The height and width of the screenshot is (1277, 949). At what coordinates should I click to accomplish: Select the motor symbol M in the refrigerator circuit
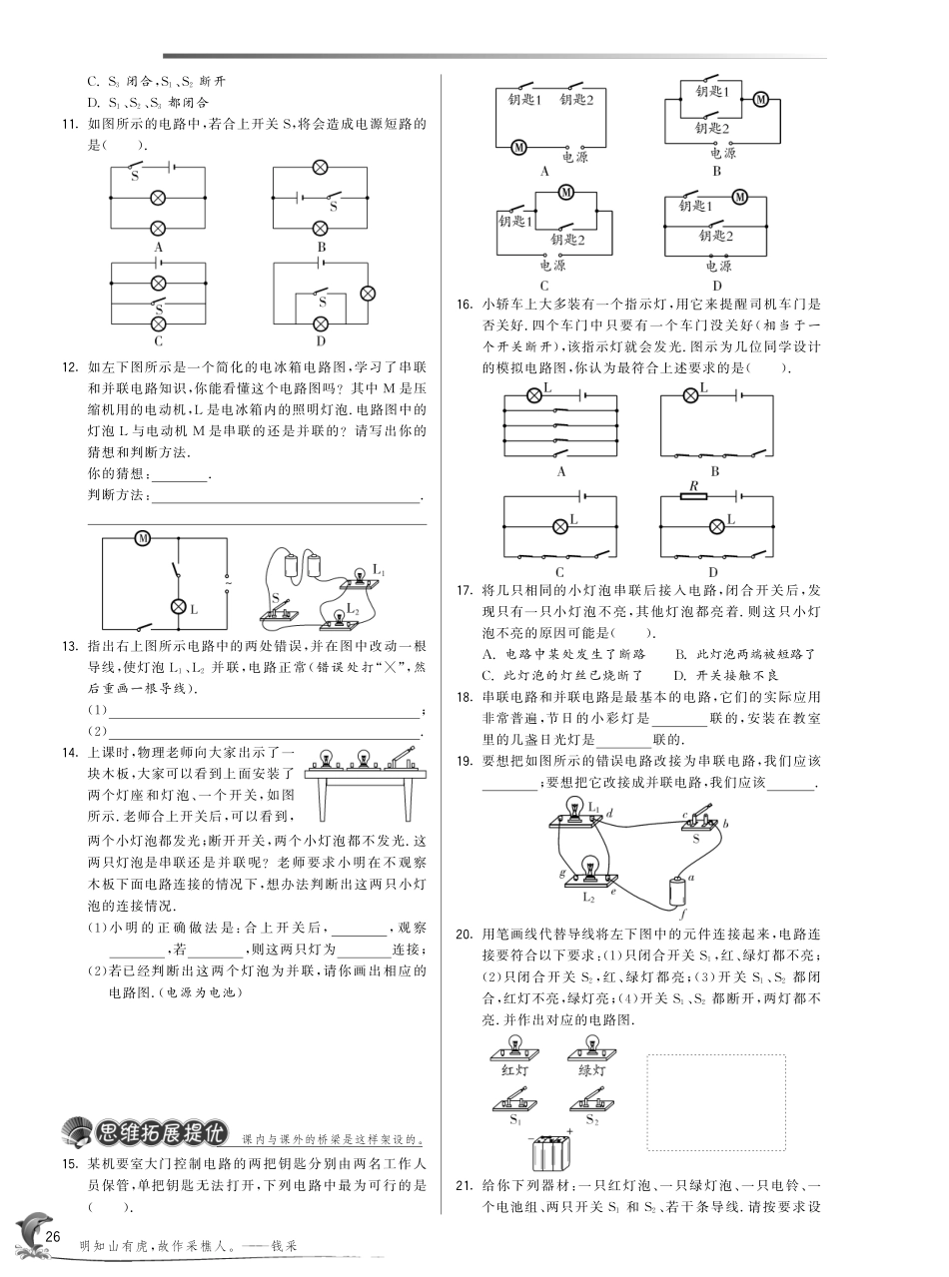[143, 538]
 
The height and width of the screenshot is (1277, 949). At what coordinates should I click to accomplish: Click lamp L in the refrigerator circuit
[179, 606]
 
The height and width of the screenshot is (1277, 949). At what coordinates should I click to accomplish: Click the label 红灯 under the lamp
[514, 1069]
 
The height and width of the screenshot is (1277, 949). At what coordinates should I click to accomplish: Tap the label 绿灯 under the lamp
[591, 1069]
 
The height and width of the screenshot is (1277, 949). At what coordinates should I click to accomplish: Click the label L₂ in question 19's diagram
[588, 897]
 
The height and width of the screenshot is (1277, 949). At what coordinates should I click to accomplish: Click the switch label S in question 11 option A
[135, 176]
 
